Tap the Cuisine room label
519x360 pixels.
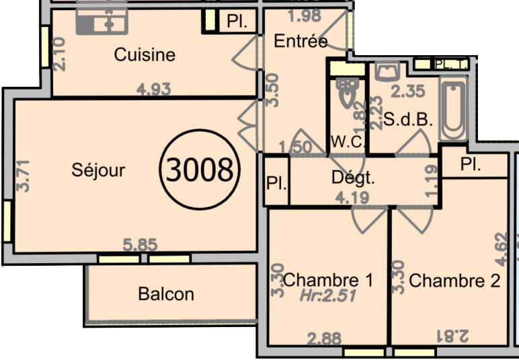[145, 55]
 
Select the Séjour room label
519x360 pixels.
[98, 170]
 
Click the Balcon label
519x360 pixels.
[166, 293]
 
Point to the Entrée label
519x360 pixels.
[301, 41]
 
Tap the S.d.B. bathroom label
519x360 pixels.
[407, 121]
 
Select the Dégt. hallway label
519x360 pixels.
[353, 178]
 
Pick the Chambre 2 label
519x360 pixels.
[454, 281]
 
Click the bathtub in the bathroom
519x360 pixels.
[454, 108]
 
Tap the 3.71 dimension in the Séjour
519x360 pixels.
[24, 175]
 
